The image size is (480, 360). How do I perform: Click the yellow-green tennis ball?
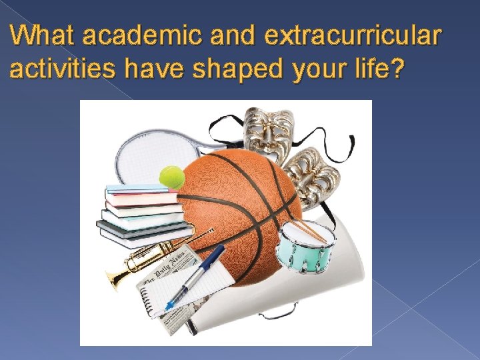coord(171,177)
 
